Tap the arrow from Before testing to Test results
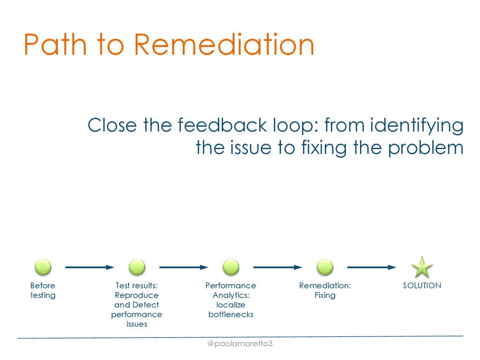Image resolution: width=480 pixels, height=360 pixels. point(90,267)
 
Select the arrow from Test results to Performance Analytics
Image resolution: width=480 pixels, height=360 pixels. point(183,267)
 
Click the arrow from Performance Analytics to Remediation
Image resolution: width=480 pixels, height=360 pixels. point(277,267)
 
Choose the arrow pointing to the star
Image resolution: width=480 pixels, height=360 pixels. point(371,267)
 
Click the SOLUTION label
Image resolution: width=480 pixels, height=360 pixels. point(422,285)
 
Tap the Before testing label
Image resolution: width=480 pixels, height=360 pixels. point(43,290)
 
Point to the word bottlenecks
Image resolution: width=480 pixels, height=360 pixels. point(231,315)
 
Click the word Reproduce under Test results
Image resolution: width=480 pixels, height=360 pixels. point(137,295)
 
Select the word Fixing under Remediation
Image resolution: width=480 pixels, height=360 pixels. point(325,295)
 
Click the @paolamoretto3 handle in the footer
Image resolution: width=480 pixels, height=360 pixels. point(240,344)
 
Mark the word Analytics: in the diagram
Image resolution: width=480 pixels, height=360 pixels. point(231,295)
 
